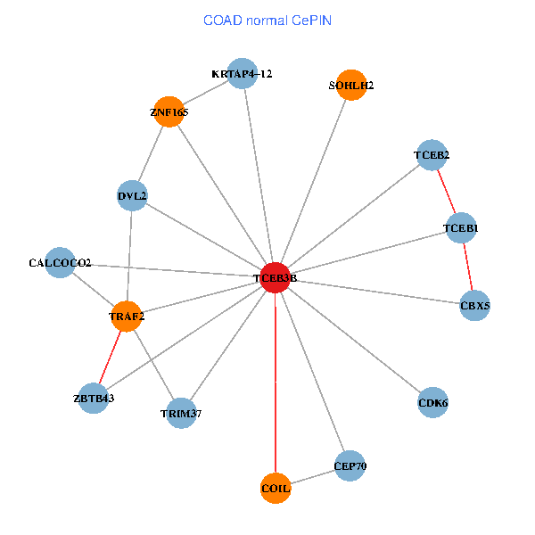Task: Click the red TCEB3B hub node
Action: click(x=276, y=278)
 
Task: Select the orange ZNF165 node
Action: click(x=169, y=112)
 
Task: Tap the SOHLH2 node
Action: click(x=351, y=86)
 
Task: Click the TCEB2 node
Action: click(x=432, y=155)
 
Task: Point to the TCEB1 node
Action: click(x=461, y=229)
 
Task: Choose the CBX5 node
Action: click(x=474, y=306)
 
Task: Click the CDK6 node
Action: click(x=432, y=402)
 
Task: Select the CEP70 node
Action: click(x=350, y=465)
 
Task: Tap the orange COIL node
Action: click(x=276, y=488)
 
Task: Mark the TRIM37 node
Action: click(x=181, y=413)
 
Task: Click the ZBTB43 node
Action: click(x=94, y=397)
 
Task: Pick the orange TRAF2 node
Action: click(x=127, y=316)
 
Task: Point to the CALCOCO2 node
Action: click(x=60, y=263)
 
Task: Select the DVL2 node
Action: click(x=132, y=195)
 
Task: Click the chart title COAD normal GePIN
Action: click(x=267, y=21)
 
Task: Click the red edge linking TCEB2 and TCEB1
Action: click(x=446, y=192)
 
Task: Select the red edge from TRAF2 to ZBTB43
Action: click(x=111, y=356)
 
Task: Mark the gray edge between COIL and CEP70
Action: click(x=313, y=477)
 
